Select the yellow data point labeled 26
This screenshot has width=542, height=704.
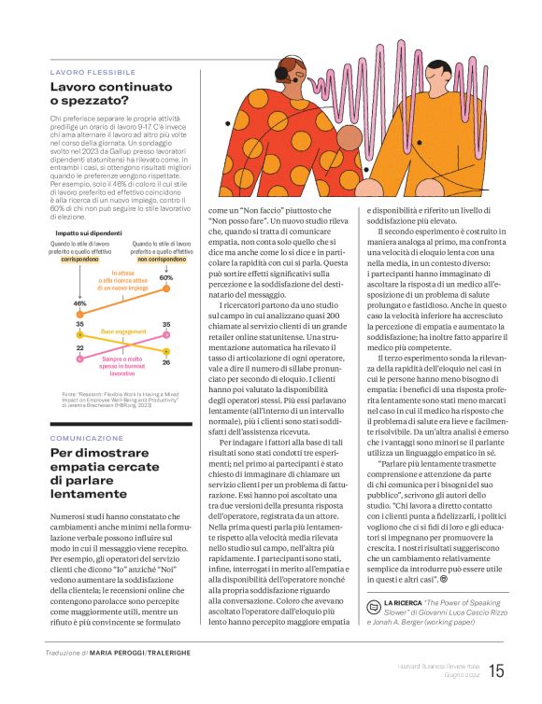coord(165,352)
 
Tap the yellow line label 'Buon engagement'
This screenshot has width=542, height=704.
coord(122,331)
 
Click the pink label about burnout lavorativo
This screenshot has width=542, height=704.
coord(122,366)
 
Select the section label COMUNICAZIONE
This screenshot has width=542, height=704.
coord(86,438)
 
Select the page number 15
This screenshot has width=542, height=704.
coord(495,670)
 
